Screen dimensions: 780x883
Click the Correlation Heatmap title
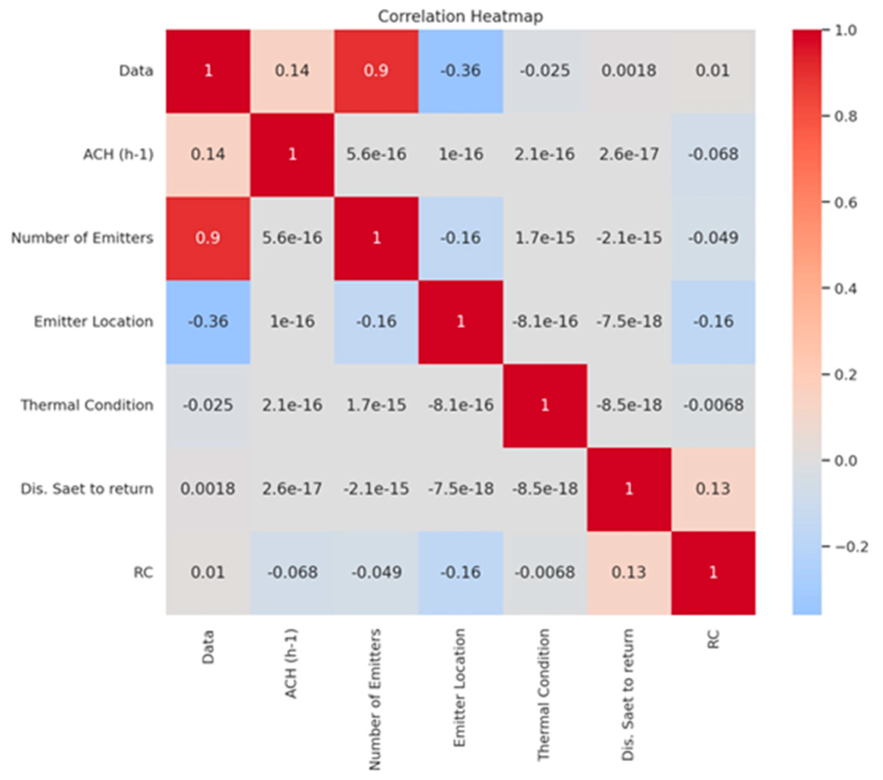click(460, 17)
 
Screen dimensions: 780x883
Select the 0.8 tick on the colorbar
click(845, 116)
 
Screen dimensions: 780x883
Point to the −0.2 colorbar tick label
click(851, 547)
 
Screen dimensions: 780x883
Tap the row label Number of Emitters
click(82, 238)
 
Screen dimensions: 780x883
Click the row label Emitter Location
click(93, 321)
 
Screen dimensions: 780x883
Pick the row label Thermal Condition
click(87, 405)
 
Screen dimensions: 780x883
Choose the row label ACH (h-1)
click(118, 154)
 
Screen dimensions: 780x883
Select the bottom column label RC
click(713, 639)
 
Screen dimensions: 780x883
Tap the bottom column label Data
click(208, 646)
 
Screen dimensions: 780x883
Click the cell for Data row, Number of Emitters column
click(376, 71)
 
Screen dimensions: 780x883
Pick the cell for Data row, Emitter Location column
click(461, 71)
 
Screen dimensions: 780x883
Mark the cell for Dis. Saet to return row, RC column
click(713, 489)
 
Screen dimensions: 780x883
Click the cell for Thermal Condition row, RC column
click(713, 405)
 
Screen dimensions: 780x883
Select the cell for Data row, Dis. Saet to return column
click(628, 71)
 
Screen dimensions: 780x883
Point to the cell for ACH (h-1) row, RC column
click(713, 154)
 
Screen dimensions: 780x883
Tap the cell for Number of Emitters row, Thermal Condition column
click(545, 238)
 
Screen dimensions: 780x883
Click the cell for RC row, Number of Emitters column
click(376, 573)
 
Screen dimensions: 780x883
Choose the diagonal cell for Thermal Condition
click(545, 405)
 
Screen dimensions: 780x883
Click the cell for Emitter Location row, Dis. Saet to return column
click(628, 321)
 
